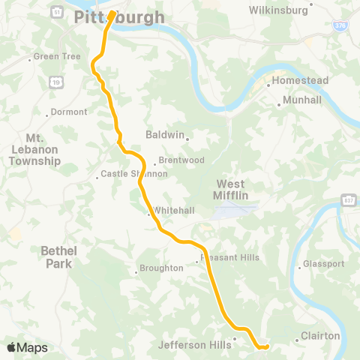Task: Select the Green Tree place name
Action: tap(52, 57)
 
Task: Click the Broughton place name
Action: tap(160, 268)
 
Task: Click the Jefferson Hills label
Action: tap(195, 346)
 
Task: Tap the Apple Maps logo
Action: tap(28, 347)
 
